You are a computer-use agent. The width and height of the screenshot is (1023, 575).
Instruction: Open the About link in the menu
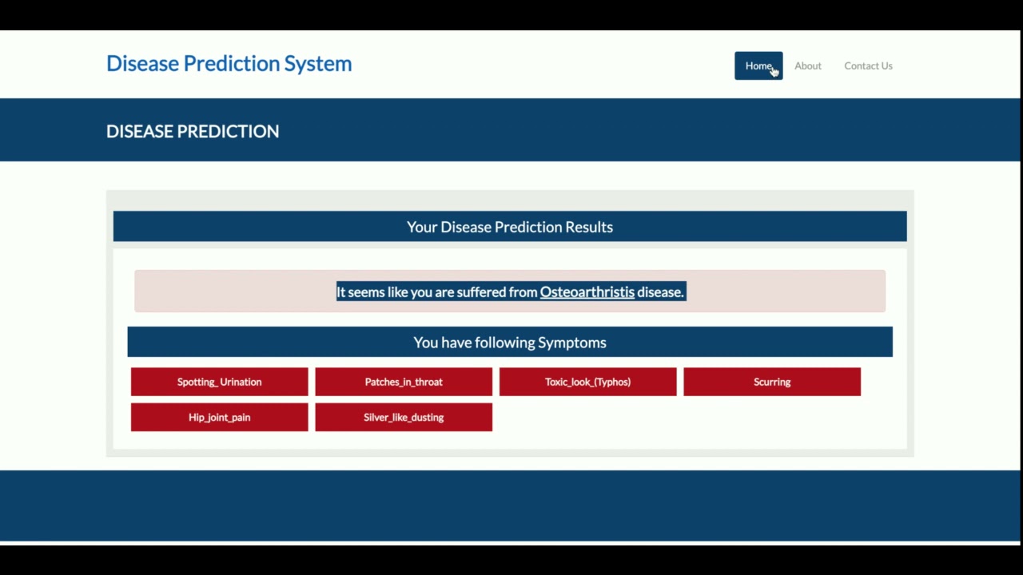click(x=807, y=65)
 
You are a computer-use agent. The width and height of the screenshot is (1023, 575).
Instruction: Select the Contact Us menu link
click(x=868, y=65)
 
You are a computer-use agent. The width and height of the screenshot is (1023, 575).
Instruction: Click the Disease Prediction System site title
click(x=229, y=64)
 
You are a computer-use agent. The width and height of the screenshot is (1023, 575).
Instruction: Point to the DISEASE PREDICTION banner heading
click(x=193, y=132)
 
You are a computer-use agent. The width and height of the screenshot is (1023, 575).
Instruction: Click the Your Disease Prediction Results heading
click(x=510, y=227)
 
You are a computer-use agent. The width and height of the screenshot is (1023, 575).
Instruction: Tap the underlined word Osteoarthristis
click(x=587, y=292)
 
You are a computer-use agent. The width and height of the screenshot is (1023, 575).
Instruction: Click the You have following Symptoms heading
click(x=510, y=343)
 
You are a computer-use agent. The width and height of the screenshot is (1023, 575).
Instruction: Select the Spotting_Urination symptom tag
click(x=219, y=382)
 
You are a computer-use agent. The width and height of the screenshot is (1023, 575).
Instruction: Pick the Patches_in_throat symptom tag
click(x=404, y=382)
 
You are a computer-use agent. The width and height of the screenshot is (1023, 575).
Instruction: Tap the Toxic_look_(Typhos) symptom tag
click(x=587, y=382)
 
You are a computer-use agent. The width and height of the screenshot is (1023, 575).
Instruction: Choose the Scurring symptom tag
click(x=772, y=382)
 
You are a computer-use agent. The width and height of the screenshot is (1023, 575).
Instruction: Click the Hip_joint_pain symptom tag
click(x=219, y=417)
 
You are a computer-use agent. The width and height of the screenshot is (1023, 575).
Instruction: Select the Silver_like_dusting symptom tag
click(x=404, y=417)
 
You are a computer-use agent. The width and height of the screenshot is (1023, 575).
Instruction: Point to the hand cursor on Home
click(x=774, y=72)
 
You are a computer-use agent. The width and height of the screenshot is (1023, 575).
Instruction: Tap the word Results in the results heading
click(x=589, y=227)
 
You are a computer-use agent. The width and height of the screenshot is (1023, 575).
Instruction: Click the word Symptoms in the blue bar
click(x=571, y=343)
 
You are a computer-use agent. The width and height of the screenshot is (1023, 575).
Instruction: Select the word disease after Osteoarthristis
click(x=660, y=292)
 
